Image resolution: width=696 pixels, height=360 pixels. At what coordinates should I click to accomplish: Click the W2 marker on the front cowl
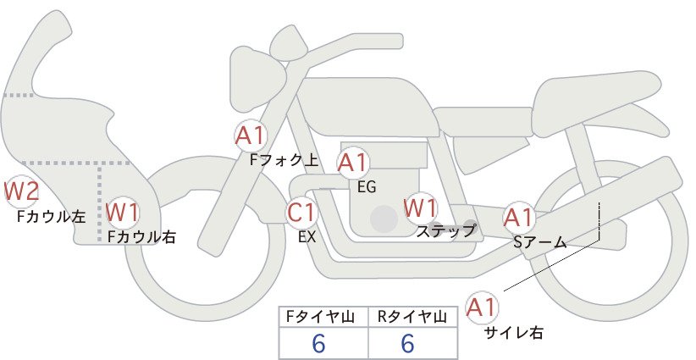[x=20, y=191]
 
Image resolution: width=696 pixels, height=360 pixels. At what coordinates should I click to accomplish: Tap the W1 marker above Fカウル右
[x=123, y=212]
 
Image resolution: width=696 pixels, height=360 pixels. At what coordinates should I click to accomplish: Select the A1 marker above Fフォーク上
[x=251, y=136]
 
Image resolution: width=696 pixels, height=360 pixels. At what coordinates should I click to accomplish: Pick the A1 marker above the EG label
[x=353, y=163]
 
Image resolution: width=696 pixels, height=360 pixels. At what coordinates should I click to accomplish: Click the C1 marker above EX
[x=301, y=212]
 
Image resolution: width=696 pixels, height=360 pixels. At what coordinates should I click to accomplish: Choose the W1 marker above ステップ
[x=420, y=208]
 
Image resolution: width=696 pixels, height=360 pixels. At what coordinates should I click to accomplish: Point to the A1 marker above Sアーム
[x=518, y=218]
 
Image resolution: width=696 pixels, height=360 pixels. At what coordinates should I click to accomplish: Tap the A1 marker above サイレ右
[x=482, y=307]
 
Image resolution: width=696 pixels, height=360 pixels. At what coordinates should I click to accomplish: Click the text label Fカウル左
[x=51, y=217]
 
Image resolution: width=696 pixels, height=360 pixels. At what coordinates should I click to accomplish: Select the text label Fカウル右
[x=141, y=236]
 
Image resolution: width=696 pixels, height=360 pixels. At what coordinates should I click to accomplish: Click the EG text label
[x=367, y=187]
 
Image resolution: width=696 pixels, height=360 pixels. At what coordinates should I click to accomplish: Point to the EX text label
[x=307, y=237]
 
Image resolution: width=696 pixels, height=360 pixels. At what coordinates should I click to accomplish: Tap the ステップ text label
[x=445, y=231]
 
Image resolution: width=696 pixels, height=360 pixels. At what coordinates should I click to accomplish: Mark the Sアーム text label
[x=540, y=242]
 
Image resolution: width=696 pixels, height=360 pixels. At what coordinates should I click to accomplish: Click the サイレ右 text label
[x=514, y=333]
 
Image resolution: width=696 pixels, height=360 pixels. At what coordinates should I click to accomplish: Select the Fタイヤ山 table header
[x=320, y=317]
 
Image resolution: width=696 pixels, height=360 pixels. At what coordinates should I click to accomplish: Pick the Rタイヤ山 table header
[x=412, y=317]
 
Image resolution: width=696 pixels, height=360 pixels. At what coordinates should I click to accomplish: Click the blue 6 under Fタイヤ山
[x=318, y=343]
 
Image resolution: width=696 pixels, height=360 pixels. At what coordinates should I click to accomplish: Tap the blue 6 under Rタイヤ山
[x=407, y=343]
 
